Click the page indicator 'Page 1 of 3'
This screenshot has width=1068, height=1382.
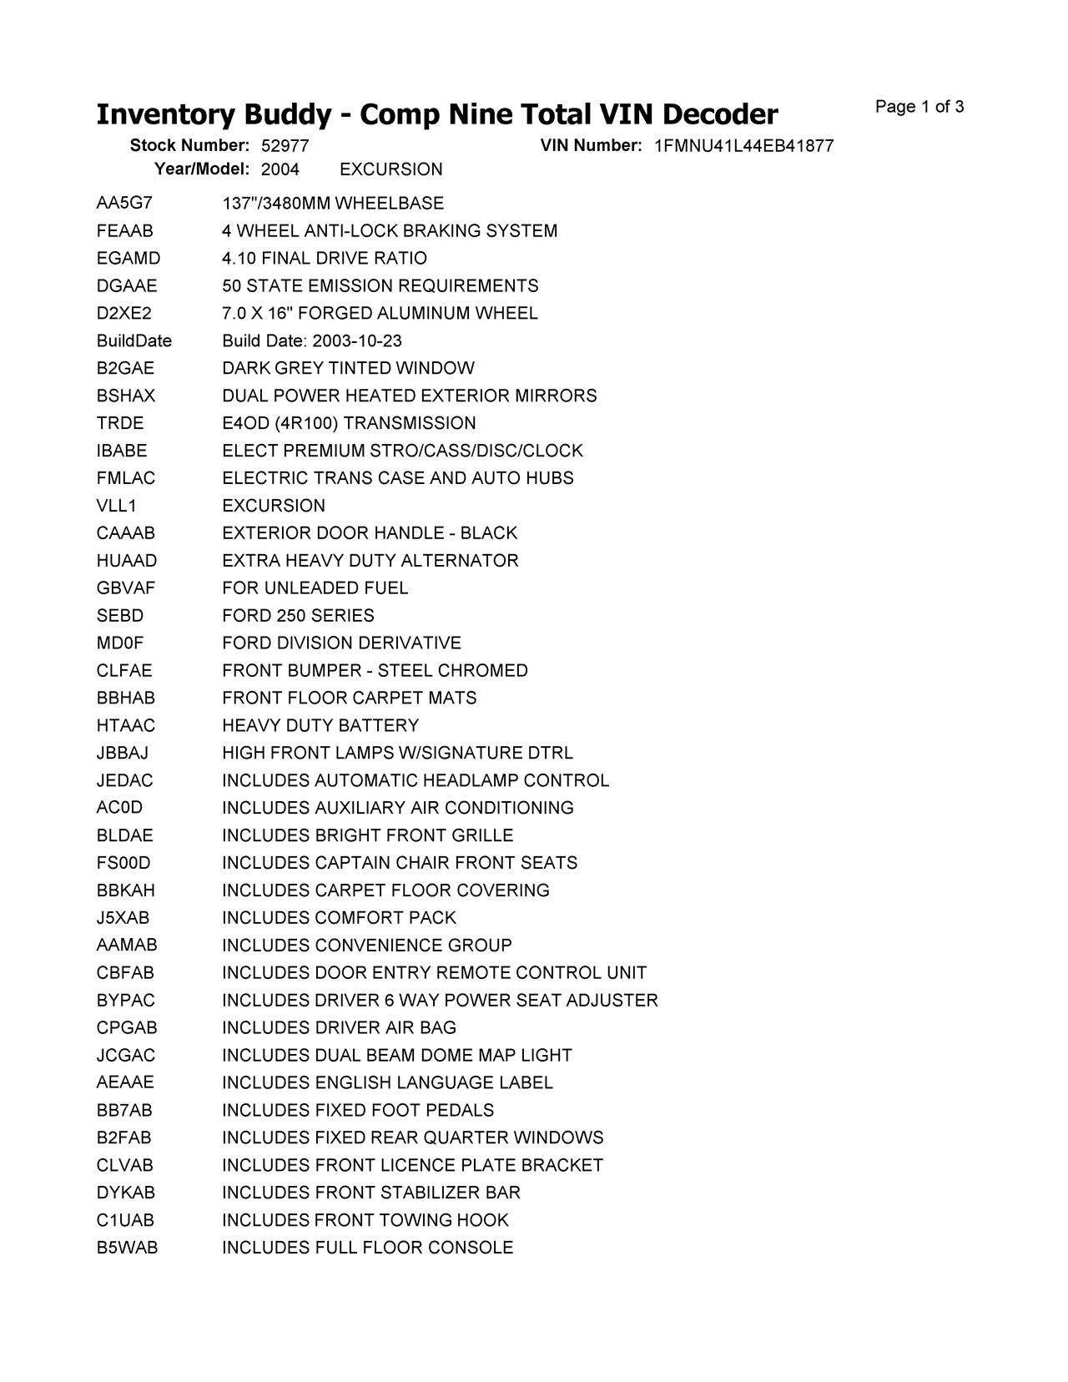coord(919,107)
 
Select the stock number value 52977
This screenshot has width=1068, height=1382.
coord(285,146)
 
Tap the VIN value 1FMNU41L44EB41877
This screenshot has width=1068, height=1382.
coord(743,146)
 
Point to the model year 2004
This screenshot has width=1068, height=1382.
coord(280,169)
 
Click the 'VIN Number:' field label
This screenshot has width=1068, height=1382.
coord(591,145)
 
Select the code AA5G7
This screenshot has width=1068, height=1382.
coord(124,204)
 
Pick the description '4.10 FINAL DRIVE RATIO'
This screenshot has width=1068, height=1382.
coord(325,259)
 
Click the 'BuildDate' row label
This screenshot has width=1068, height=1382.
coord(133,341)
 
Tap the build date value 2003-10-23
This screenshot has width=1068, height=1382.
coord(357,341)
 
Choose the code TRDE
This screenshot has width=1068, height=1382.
coord(120,423)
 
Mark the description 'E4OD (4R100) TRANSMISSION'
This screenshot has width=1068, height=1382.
coord(349,423)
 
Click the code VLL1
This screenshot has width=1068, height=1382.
coord(117,506)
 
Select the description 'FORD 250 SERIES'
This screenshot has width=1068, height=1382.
coord(298,616)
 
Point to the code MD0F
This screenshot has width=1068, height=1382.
coord(120,643)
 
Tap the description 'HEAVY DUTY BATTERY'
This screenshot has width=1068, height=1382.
coord(320,726)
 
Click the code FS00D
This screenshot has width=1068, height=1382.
coord(123,863)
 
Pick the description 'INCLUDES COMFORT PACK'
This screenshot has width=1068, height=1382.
coord(339,918)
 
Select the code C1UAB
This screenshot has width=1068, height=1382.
coord(125,1220)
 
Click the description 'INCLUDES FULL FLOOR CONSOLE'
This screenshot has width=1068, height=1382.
coord(367,1248)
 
